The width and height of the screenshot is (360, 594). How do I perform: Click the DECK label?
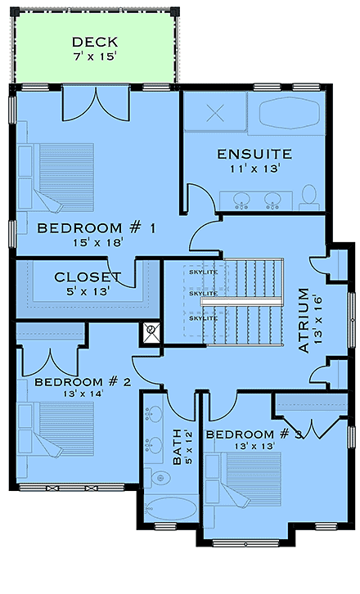click(x=95, y=42)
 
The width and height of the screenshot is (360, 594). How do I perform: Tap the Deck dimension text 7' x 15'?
click(x=95, y=56)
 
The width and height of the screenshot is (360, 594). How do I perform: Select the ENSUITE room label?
click(x=254, y=154)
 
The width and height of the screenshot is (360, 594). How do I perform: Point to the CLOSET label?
click(x=88, y=277)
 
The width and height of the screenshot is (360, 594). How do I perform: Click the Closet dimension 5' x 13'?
click(x=88, y=290)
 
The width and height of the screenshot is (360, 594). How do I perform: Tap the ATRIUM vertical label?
click(x=304, y=319)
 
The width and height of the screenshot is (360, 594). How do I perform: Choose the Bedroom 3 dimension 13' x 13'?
click(x=251, y=446)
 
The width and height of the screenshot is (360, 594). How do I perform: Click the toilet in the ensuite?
click(x=308, y=195)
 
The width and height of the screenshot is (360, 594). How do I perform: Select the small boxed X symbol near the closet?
click(x=151, y=332)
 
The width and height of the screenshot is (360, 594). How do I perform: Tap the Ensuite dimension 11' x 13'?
click(x=254, y=168)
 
